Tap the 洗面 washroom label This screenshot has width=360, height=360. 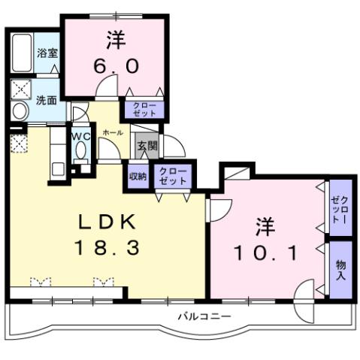pos(47,100)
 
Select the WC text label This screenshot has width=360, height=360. pos(80,136)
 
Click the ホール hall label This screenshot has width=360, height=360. pos(113,132)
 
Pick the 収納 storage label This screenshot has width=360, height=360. pos(138,177)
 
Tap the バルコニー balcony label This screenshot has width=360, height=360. pos(204,316)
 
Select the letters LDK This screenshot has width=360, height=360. pos(107,222)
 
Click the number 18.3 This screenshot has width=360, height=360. pos(107,247)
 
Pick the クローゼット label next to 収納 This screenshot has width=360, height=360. pos(172,177)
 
